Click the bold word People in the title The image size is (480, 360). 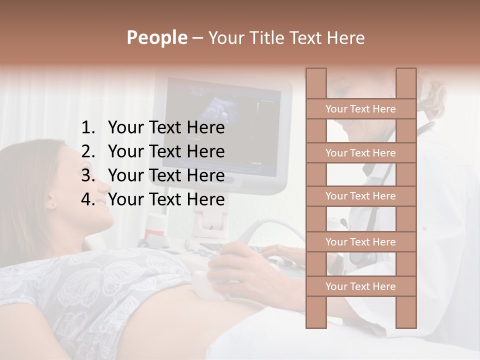[x=156, y=37]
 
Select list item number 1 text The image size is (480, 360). [x=166, y=128]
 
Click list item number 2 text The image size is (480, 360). [x=166, y=151]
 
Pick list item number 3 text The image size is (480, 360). [x=166, y=175]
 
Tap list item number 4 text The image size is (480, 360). [x=166, y=199]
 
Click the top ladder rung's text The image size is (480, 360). [x=360, y=109]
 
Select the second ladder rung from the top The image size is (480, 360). [x=360, y=153]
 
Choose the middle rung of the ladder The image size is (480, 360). [x=360, y=196]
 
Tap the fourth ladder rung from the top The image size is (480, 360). [x=360, y=242]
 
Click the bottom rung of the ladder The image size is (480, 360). [x=360, y=286]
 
